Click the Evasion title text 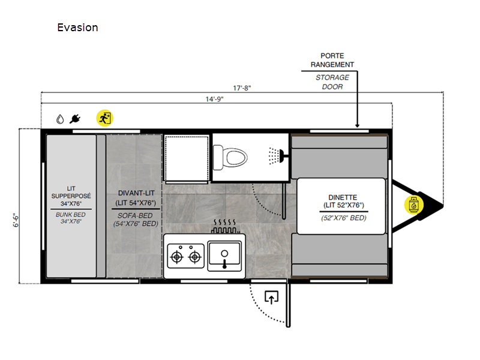77,28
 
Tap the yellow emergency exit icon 104,118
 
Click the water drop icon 60,119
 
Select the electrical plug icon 75,119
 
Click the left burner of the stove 176,257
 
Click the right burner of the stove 194,257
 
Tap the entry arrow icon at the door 272,297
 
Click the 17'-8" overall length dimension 242,88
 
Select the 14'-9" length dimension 214,99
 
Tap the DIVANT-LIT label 134,193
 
